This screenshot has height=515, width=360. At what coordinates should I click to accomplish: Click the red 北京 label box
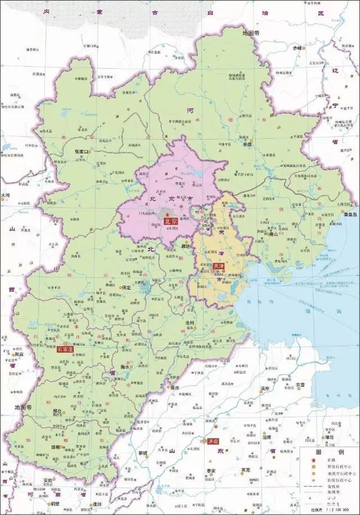[x=170, y=222]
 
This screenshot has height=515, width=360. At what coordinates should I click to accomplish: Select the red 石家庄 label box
[x=66, y=350]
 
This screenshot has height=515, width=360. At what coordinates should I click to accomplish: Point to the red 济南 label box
[x=213, y=441]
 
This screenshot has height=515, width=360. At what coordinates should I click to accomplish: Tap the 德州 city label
[x=175, y=388]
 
